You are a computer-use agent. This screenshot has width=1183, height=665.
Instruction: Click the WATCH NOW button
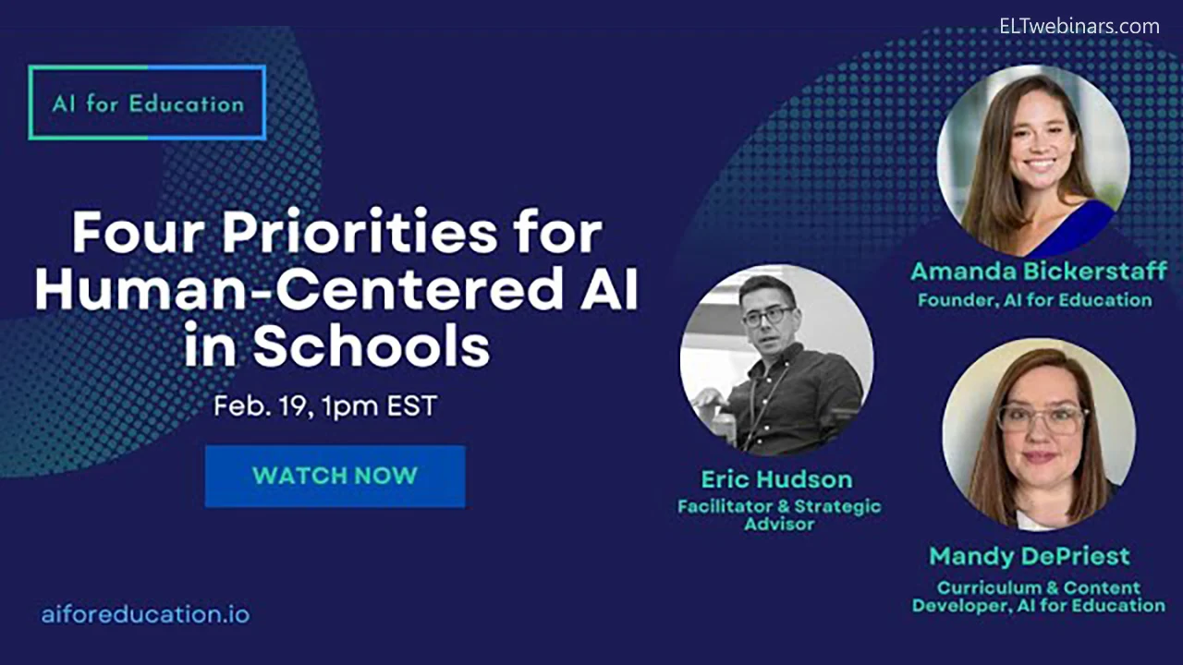pos(335,476)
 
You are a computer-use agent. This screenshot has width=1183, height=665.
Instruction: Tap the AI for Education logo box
pos(147,103)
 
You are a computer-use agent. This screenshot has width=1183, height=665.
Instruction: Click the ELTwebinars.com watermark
pos(1079,27)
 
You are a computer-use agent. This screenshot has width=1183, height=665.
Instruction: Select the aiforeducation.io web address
pos(145,614)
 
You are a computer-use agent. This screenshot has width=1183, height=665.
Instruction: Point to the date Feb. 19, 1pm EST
pos(325,406)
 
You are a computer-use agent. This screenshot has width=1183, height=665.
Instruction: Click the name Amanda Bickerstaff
pos(1038,272)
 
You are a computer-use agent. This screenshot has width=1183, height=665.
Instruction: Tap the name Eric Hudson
pos(777,479)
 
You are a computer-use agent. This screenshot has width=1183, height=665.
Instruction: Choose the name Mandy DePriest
pos(1030,556)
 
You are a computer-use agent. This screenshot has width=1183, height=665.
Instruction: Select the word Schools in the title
pos(372,346)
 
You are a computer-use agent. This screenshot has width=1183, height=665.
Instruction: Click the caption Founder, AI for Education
pos(1034,300)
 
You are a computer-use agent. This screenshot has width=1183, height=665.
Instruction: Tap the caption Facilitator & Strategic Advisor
pos(779,515)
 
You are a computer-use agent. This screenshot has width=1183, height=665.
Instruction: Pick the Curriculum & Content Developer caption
pos(1039,597)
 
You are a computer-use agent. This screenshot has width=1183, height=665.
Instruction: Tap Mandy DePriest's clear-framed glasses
pos(1041,420)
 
